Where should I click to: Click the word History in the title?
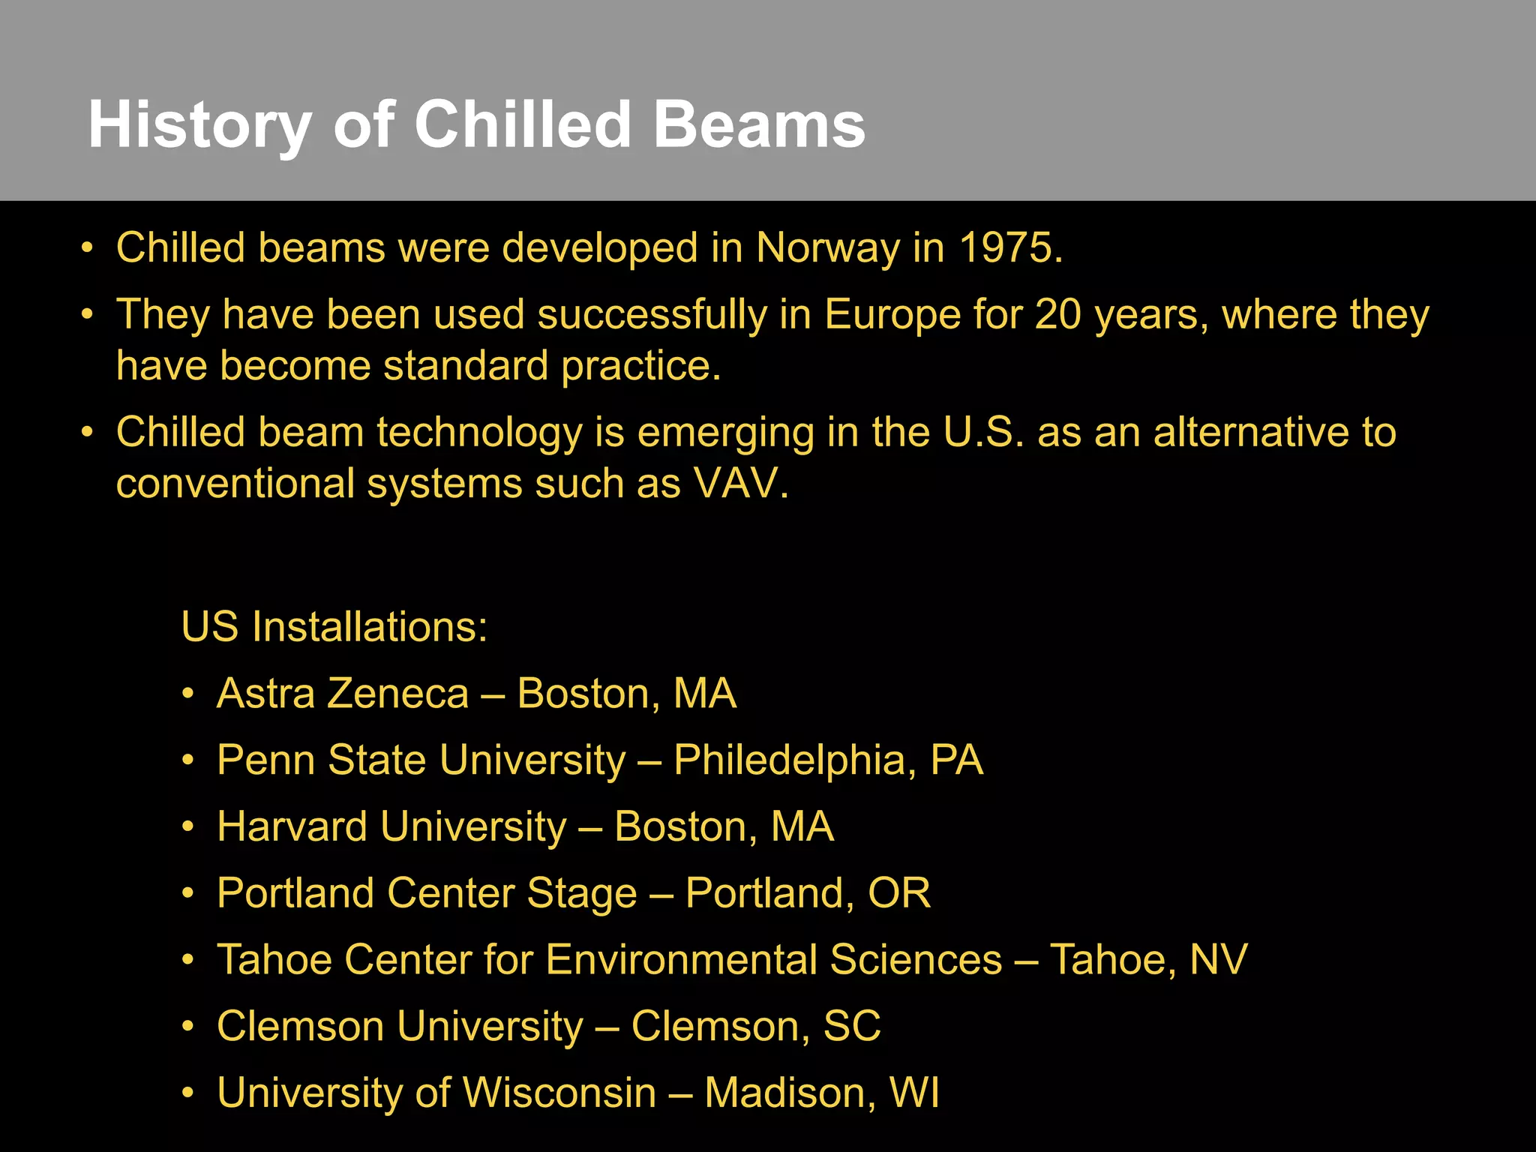[199, 126]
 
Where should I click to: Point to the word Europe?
[892, 315]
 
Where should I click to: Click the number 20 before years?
[1057, 314]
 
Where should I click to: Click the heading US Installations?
[334, 627]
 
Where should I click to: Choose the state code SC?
[852, 1026]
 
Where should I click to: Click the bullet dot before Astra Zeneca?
[188, 694]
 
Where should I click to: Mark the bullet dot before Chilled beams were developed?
[88, 248]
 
